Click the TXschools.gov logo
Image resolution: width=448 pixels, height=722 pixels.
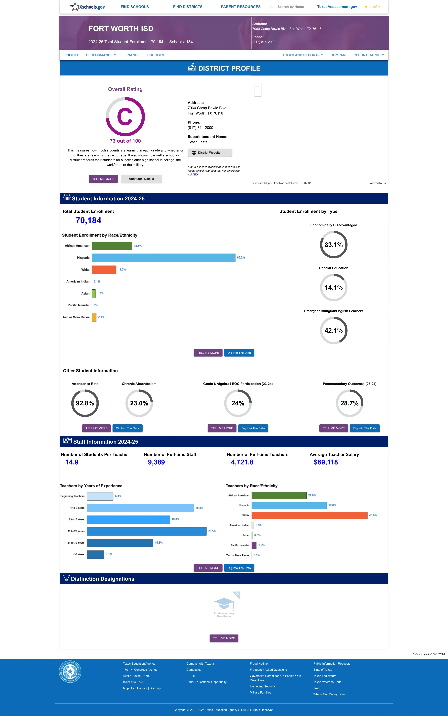87,6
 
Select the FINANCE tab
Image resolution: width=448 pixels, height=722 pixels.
132,55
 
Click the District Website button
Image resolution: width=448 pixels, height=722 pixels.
210,153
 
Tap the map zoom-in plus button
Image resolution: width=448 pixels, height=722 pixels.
258,86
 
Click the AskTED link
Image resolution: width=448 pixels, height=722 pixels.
193,174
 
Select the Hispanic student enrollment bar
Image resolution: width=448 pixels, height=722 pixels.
164,258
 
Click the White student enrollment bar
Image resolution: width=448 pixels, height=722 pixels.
104,270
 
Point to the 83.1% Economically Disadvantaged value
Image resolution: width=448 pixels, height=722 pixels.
334,245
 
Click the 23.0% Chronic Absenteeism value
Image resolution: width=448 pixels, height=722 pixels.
139,403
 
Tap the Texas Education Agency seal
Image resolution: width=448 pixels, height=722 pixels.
70,671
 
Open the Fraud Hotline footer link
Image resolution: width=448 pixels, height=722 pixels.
259,664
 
